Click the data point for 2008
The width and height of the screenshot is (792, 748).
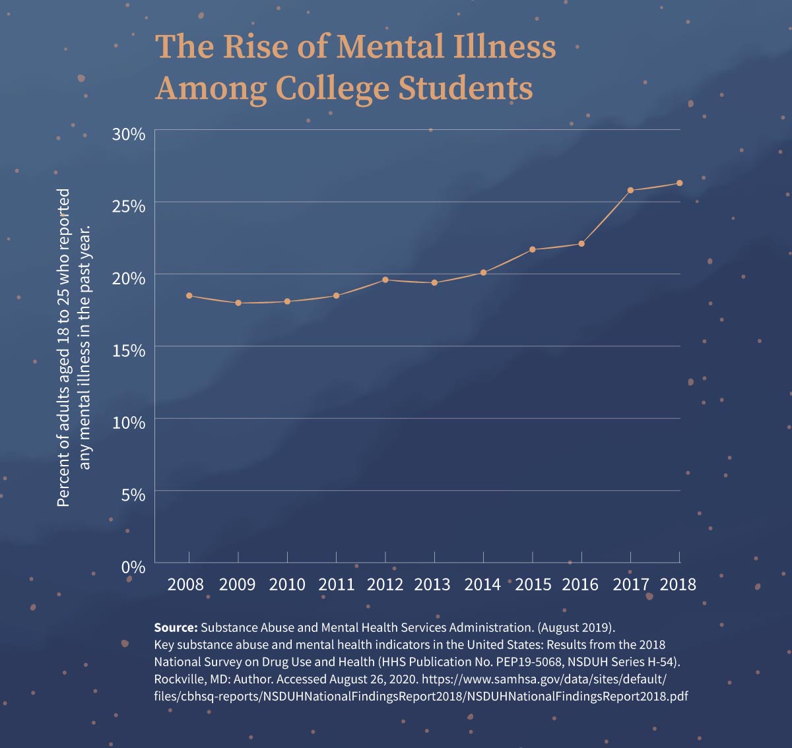point(189,296)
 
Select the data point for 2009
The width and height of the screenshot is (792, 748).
point(238,303)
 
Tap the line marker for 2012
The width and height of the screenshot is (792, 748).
point(385,280)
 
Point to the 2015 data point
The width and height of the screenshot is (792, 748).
point(533,249)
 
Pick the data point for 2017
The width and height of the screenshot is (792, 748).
point(630,191)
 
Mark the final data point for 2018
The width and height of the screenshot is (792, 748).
point(679,183)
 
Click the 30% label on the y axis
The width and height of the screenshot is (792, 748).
point(129,135)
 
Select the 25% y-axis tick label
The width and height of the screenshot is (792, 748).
point(129,206)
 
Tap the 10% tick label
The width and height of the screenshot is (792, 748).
point(129,422)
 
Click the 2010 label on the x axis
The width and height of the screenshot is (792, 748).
point(287,584)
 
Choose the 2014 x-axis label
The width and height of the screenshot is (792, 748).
point(482,584)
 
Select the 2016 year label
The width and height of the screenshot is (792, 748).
point(580,584)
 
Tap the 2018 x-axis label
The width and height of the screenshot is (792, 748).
point(678,584)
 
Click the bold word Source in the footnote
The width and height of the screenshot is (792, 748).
point(176,627)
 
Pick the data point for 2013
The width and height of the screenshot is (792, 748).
point(434,283)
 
